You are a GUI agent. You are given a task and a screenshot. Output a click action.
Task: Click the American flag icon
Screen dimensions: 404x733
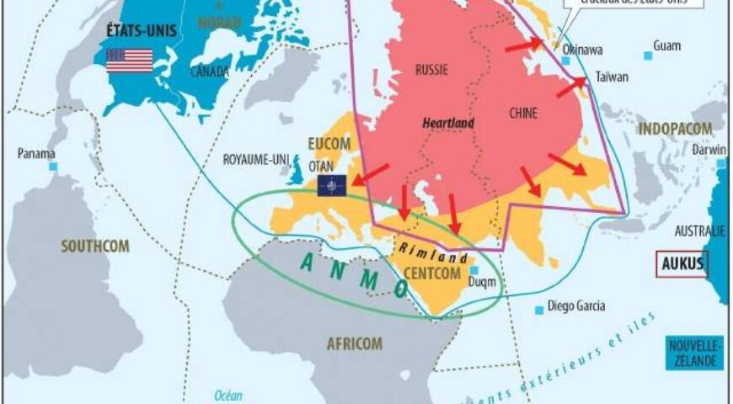click(129, 61)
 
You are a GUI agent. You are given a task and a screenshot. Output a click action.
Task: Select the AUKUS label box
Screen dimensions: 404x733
click(681, 263)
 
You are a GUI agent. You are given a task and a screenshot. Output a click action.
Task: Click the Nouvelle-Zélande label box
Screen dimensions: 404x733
click(694, 353)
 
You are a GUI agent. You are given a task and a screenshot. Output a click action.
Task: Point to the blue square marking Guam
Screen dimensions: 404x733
click(648, 56)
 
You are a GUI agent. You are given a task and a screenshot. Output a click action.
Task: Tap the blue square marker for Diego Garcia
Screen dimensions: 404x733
click(538, 310)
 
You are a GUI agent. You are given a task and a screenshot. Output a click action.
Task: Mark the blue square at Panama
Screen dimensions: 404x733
click(54, 167)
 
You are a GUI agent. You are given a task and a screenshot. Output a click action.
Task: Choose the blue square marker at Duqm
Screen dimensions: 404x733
click(474, 271)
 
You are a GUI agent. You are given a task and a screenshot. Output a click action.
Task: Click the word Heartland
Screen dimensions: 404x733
click(448, 123)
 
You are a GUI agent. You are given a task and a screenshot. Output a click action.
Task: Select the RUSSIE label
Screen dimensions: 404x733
click(432, 69)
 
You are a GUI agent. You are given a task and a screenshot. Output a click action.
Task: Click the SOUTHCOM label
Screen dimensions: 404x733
click(94, 245)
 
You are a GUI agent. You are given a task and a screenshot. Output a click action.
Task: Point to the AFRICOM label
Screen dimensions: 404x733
click(353, 343)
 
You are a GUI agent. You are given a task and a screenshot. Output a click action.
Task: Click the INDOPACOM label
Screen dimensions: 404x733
click(675, 129)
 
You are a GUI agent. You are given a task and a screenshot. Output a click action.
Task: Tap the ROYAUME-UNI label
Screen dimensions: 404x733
click(256, 159)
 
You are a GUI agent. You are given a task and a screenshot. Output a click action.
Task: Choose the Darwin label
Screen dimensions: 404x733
click(709, 150)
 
